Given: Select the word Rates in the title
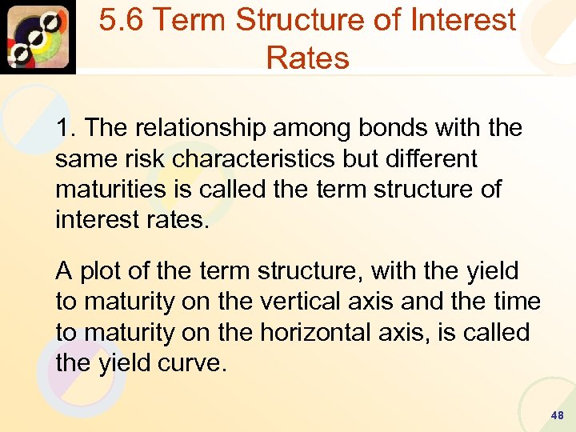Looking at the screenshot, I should (x=308, y=58).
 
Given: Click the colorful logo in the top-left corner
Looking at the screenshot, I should (x=38, y=37).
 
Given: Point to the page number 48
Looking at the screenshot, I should (x=557, y=416).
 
